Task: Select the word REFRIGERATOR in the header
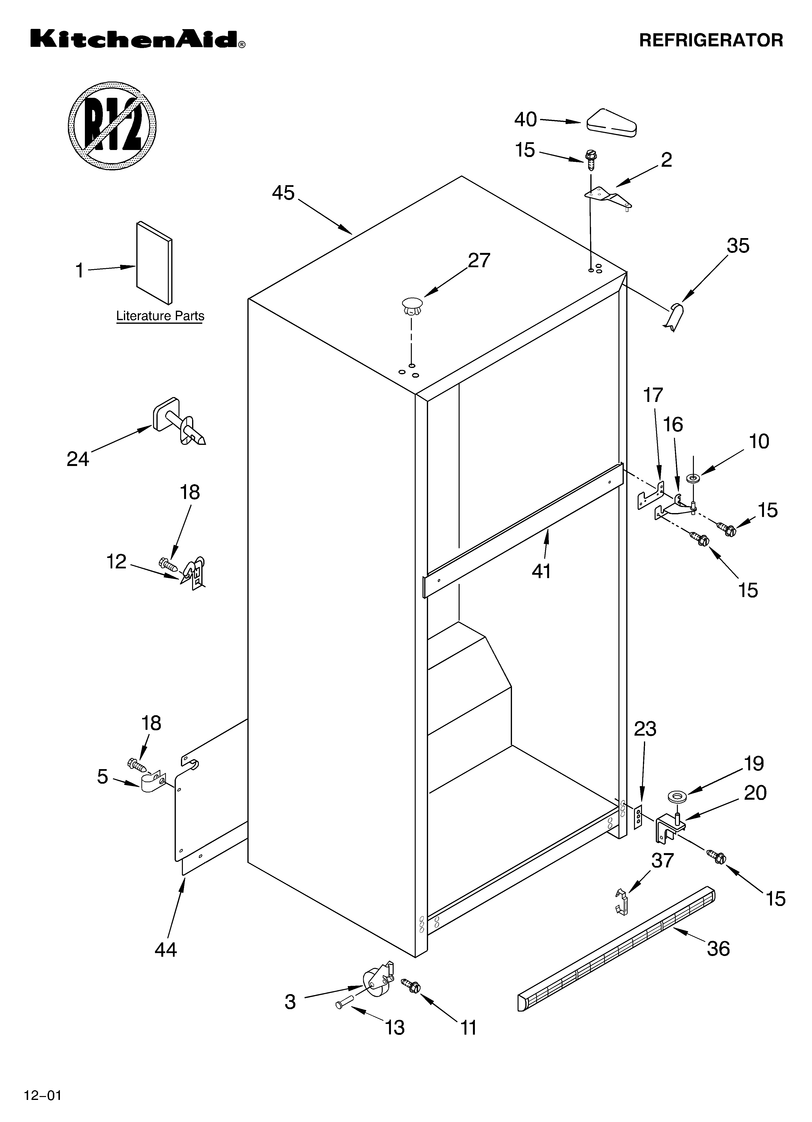tap(711, 40)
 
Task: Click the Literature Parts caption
tap(160, 316)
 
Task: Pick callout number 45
tap(283, 193)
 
